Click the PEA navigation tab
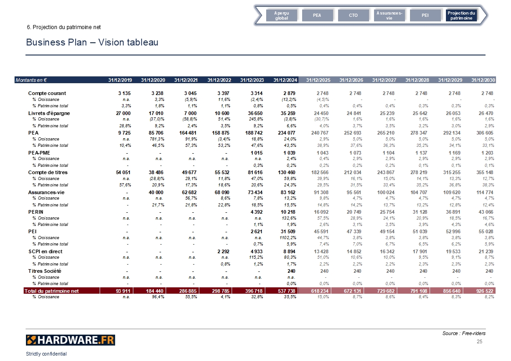(x=317, y=15)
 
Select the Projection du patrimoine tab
(x=461, y=15)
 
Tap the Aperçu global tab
(x=281, y=15)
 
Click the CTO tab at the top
(x=353, y=15)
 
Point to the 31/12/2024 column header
(x=285, y=80)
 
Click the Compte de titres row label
(x=48, y=172)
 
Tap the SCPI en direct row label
(x=46, y=251)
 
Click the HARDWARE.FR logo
(x=71, y=340)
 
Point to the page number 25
(x=479, y=341)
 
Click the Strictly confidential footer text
(x=46, y=354)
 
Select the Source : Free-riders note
(x=464, y=334)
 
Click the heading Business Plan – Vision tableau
(x=92, y=42)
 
